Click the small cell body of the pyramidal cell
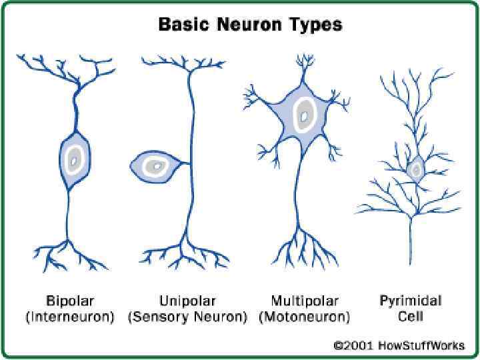(416, 169)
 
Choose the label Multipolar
(305, 301)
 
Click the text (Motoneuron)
(305, 316)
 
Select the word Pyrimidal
(411, 301)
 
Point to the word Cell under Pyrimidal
(410, 316)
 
